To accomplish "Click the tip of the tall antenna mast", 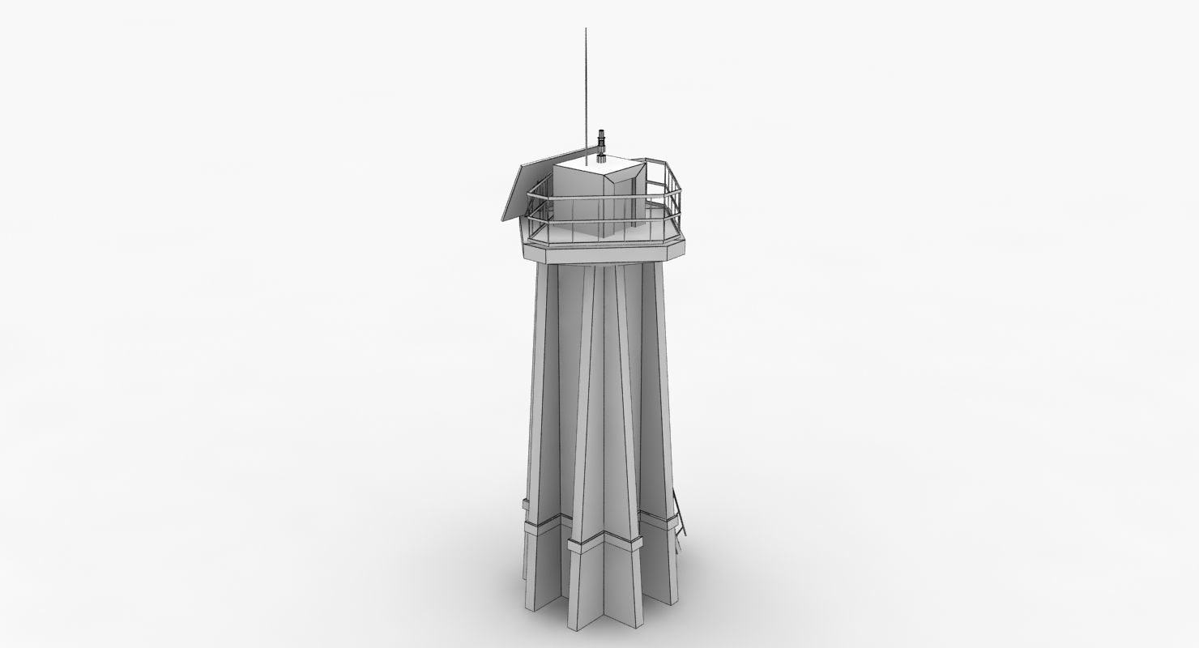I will click(x=586, y=30).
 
